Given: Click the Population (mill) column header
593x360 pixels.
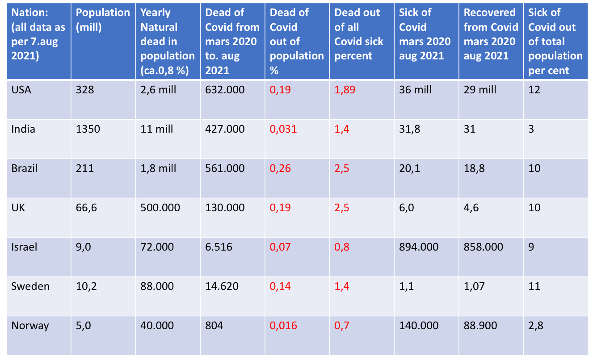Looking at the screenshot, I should pos(103,20).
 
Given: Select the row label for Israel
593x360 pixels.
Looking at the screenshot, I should pos(24,247).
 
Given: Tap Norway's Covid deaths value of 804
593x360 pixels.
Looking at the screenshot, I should pos(214,326).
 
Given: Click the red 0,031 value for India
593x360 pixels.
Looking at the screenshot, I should pos(283,129).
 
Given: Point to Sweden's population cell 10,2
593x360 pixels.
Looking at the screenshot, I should pos(85,286).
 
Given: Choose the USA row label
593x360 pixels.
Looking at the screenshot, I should pos(21,90).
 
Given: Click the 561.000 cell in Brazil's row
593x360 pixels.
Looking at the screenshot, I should pos(225,168).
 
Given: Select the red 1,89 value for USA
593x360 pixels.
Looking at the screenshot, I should pos(345,90).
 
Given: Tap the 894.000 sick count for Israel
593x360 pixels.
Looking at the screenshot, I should pos(419,247).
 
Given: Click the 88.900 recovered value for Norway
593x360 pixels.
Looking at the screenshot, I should pos(480,326).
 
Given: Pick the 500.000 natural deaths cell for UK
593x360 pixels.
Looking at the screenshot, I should pos(160,208).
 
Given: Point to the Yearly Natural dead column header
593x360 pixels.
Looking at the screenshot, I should pos(167,42).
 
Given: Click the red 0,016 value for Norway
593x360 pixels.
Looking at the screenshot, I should pos(283,326).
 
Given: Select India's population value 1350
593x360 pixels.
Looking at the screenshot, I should pos(88,129).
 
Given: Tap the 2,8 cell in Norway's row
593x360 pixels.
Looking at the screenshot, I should pos(535,326).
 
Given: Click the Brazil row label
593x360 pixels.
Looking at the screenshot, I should pos(24,168).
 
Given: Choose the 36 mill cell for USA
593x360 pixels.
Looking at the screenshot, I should pos(415,90).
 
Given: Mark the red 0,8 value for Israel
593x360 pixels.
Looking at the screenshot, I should pos(342,247).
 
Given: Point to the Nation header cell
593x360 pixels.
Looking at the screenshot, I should pos(38,34).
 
